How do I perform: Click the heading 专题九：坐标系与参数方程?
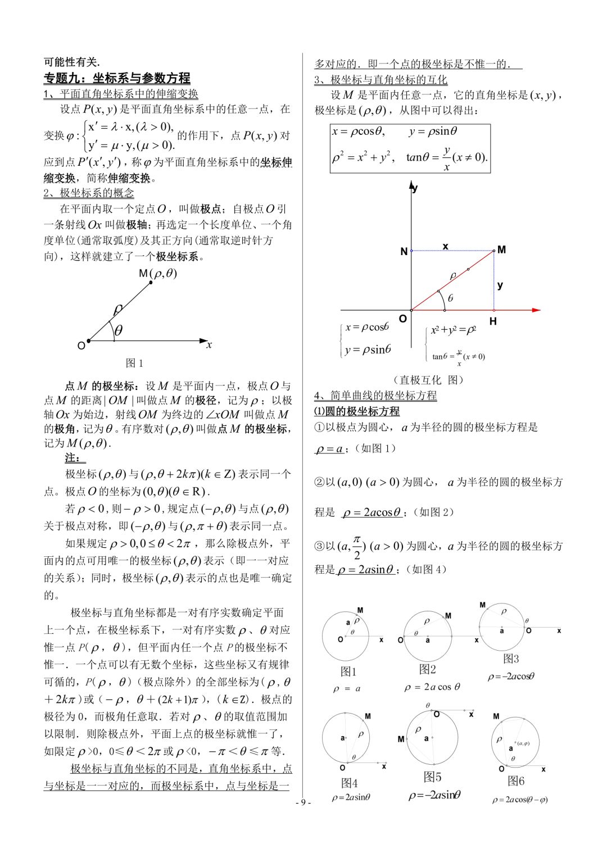117,78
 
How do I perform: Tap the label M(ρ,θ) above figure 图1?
157,273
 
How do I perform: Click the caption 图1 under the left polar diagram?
134,363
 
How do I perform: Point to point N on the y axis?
404,251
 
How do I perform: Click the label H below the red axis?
493,321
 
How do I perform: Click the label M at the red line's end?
502,249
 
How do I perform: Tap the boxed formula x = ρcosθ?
359,131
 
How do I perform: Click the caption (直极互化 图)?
429,380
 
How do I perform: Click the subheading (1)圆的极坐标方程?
357,411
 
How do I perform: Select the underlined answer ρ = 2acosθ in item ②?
372,512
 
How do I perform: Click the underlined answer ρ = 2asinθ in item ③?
366,570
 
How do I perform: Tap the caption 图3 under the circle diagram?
510,659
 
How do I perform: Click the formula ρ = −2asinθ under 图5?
434,795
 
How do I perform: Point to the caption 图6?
516,781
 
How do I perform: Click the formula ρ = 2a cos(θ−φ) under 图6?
519,800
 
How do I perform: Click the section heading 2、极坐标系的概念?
89,193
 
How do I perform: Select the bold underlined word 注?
72,458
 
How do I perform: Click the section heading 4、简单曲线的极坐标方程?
375,396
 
